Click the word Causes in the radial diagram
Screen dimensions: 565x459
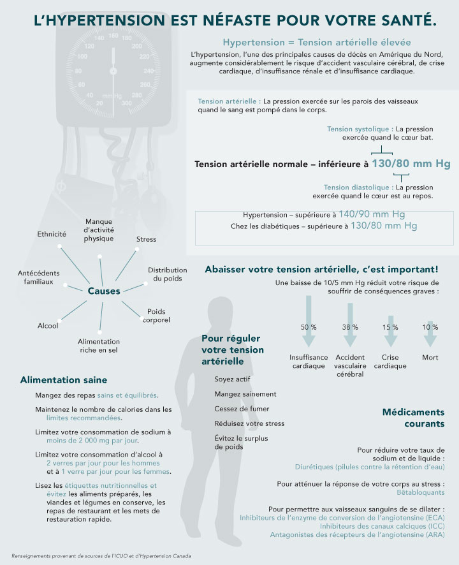tap(104, 291)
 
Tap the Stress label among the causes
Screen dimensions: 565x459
tap(146, 239)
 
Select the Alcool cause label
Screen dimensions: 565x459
tap(48, 326)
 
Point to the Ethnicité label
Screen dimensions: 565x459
tap(52, 234)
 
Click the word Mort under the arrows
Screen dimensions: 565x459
tap(430, 358)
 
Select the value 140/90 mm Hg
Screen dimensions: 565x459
tap(372, 214)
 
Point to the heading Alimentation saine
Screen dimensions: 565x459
tap(64, 380)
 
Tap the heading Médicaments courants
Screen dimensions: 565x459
tap(413, 418)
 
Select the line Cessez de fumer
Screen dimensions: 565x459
tap(242, 409)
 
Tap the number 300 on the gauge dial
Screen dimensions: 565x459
tap(126, 103)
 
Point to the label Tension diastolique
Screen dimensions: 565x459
tap(358, 187)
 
